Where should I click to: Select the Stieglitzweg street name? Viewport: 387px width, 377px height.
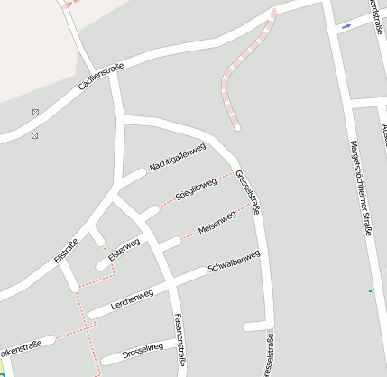(x=197, y=189)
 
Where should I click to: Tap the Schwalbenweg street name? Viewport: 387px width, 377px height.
(x=234, y=262)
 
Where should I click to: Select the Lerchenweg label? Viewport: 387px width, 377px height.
(x=132, y=299)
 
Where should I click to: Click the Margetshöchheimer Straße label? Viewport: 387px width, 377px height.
(x=361, y=189)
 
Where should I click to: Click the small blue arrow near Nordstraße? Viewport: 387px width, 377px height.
(x=346, y=26)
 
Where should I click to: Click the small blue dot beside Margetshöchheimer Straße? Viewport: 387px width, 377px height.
(x=370, y=290)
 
